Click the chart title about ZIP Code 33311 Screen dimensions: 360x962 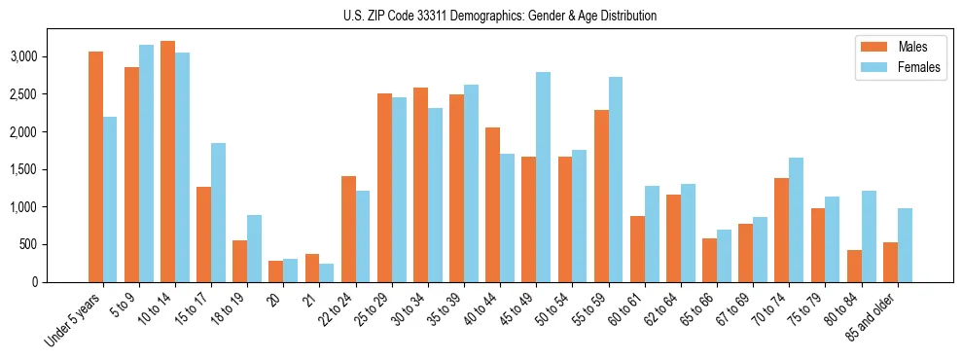tap(500, 16)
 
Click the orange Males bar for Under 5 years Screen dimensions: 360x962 tap(95, 166)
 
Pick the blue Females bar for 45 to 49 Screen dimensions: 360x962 tap(543, 177)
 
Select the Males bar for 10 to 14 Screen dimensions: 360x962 tap(167, 162)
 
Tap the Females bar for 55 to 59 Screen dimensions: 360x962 tap(615, 179)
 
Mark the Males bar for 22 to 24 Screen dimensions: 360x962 tap(348, 229)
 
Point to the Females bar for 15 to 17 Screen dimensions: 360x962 tap(218, 212)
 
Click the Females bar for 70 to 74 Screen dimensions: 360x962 tap(796, 220)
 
